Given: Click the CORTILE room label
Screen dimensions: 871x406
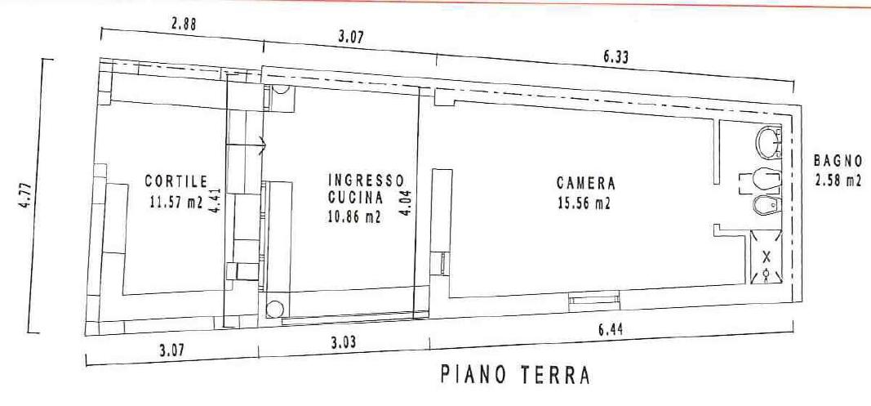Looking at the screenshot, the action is [x=176, y=181].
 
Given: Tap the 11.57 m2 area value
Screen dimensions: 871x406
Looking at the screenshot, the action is [x=176, y=202].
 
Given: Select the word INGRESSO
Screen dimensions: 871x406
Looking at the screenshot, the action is [x=366, y=181].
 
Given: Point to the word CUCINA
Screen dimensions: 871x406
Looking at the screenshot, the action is [x=356, y=198].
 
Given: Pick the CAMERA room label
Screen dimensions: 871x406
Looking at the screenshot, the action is [x=586, y=183].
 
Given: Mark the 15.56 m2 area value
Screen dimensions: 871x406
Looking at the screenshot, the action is [x=584, y=203].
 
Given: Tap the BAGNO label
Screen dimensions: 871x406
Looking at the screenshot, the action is [x=838, y=161].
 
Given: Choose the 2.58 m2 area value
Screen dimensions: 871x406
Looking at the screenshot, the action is [x=838, y=181].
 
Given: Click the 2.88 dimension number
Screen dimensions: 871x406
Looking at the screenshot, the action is [x=183, y=24].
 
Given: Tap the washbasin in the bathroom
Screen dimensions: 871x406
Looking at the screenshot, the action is [x=769, y=143].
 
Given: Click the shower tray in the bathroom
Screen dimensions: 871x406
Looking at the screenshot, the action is [x=767, y=257].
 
